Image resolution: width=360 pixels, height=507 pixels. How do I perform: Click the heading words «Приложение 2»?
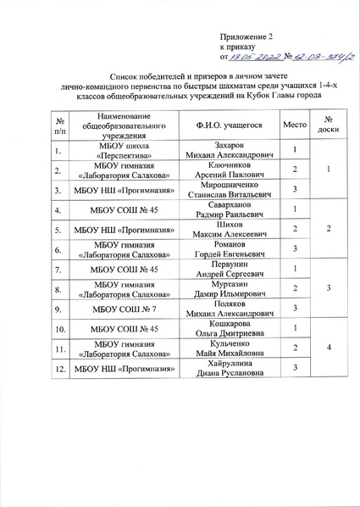[247, 36]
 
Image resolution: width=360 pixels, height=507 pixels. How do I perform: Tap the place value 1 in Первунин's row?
[295, 269]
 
